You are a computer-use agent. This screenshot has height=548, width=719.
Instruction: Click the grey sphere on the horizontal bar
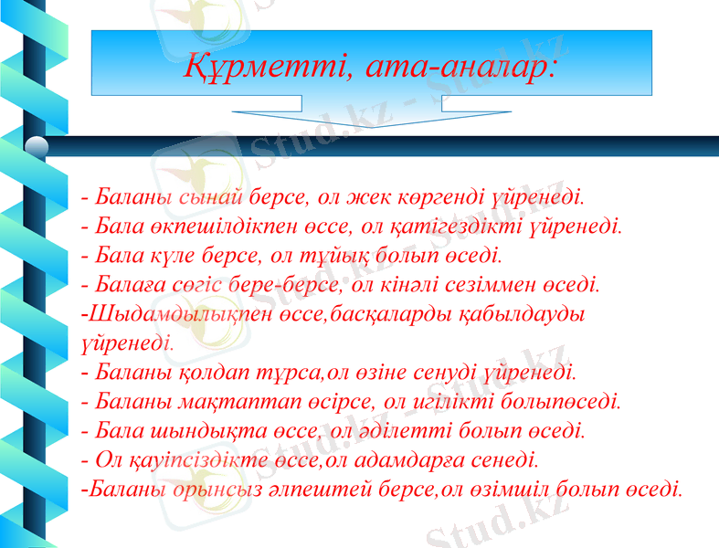pyautogui.click(x=37, y=146)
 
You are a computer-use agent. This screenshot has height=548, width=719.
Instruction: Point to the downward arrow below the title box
pyautogui.click(x=355, y=120)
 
